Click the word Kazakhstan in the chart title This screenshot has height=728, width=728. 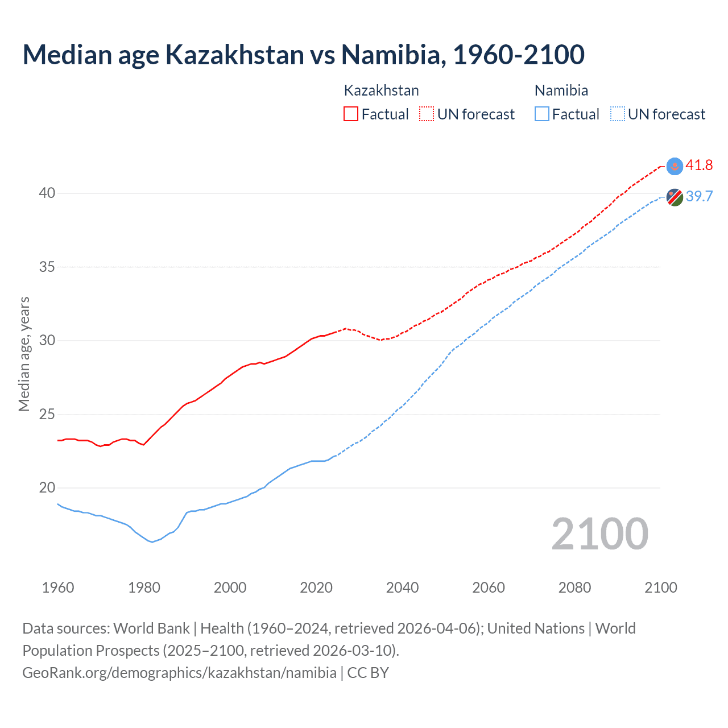pyautogui.click(x=234, y=55)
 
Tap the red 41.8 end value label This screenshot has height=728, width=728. pyautogui.click(x=699, y=166)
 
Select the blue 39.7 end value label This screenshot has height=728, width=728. pyautogui.click(x=699, y=196)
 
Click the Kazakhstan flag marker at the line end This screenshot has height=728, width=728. pyautogui.click(x=675, y=166)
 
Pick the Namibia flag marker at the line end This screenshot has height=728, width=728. pyautogui.click(x=675, y=197)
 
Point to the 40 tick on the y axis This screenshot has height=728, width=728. pyautogui.click(x=47, y=193)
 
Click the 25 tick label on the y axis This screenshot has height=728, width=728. pyautogui.click(x=47, y=414)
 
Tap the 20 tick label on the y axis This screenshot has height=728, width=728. pyautogui.click(x=47, y=487)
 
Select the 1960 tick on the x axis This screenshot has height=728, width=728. pyautogui.click(x=58, y=588)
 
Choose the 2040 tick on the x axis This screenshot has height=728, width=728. pyautogui.click(x=402, y=588)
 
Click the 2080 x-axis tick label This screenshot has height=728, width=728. pyautogui.click(x=574, y=588)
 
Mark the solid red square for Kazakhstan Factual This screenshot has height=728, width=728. pyautogui.click(x=351, y=114)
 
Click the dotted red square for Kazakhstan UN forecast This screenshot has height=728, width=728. pyautogui.click(x=427, y=114)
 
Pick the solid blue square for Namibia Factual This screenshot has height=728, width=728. pyautogui.click(x=542, y=114)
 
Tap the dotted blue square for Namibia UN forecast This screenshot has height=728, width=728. pyautogui.click(x=617, y=114)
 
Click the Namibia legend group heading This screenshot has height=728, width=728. pyautogui.click(x=561, y=90)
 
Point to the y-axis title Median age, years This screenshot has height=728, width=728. pyautogui.click(x=24, y=354)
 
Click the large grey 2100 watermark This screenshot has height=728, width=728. pyautogui.click(x=599, y=534)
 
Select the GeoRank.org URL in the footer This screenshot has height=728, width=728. pyautogui.click(x=179, y=673)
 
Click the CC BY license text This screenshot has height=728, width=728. pyautogui.click(x=368, y=673)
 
